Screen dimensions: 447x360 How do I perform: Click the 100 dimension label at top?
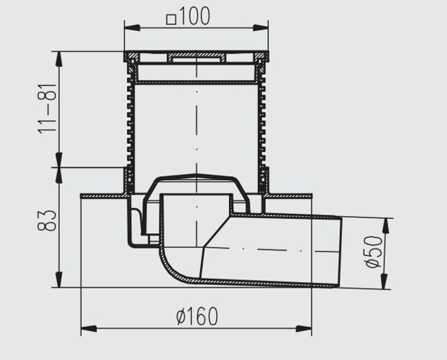pyautogui.click(x=195, y=16)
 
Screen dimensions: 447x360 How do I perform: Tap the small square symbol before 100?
pyautogui.click(x=171, y=20)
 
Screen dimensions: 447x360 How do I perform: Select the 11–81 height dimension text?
pyautogui.click(x=47, y=109)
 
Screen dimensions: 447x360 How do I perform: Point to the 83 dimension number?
pyautogui.click(x=47, y=220)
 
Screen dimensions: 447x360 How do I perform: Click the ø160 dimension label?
pyautogui.click(x=197, y=316)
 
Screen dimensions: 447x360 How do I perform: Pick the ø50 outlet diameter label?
pyautogui.click(x=373, y=252)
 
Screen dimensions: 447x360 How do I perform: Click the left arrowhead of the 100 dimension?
pyautogui.click(x=132, y=28)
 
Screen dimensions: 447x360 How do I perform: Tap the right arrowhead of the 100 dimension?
pyautogui.click(x=261, y=28)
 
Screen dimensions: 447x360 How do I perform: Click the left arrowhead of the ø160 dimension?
pyautogui.click(x=89, y=328)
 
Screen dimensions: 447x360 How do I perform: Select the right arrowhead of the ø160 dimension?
pyautogui.click(x=304, y=328)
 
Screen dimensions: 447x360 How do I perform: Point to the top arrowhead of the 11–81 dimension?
pyautogui.click(x=59, y=59)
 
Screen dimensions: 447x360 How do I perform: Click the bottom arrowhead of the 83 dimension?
pyautogui.click(x=59, y=279)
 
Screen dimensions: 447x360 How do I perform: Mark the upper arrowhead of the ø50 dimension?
pyautogui.click(x=386, y=226)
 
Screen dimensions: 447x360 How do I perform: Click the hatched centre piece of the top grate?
pyautogui.click(x=197, y=57)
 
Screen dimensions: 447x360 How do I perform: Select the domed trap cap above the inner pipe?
pyautogui.click(x=197, y=182)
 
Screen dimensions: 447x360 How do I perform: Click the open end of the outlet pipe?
pyautogui.click(x=339, y=252)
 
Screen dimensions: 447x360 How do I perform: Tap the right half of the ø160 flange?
pyautogui.click(x=290, y=196)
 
